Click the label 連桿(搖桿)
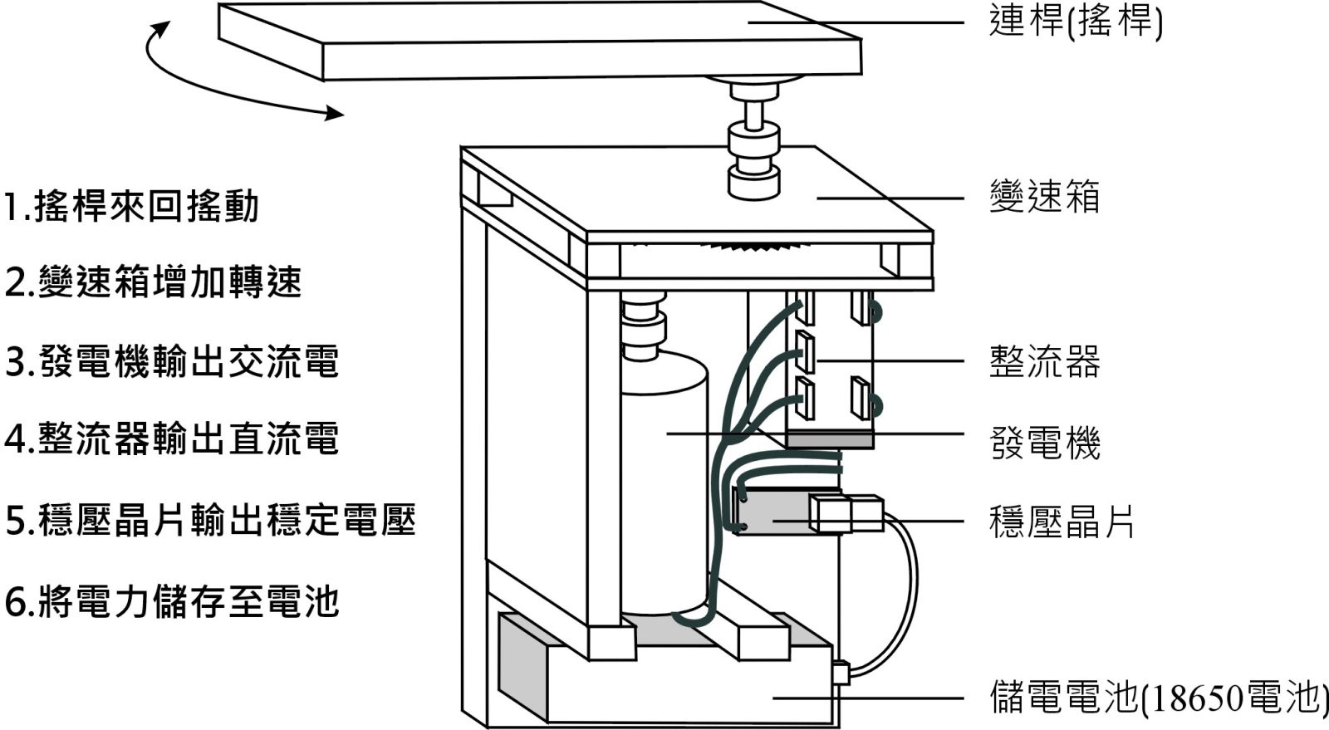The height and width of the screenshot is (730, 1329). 1076,22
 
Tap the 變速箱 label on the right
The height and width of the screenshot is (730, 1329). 1044,198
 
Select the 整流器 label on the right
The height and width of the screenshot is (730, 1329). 1044,362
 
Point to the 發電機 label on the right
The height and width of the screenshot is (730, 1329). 1044,443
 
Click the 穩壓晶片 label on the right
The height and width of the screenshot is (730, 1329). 1062,522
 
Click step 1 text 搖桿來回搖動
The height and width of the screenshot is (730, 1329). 132,207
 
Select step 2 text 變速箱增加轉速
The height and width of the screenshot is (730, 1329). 153,283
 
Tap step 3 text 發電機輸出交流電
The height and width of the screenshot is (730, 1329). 172,362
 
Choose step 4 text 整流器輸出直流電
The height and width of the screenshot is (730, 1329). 172,438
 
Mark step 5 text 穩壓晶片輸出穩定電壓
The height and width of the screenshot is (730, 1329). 210,521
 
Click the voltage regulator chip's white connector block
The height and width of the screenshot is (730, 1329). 846,513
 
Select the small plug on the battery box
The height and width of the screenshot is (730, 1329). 840,672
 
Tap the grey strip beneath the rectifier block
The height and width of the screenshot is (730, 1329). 829,440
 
